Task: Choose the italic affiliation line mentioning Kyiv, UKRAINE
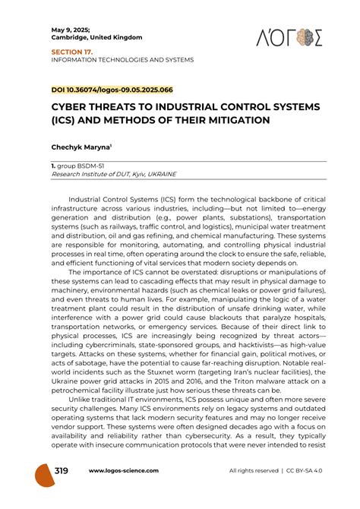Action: click(x=113, y=174)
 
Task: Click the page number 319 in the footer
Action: click(x=61, y=472)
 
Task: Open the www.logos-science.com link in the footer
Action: click(x=124, y=472)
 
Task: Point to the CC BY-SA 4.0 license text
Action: click(x=311, y=472)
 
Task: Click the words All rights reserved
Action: click(x=254, y=472)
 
